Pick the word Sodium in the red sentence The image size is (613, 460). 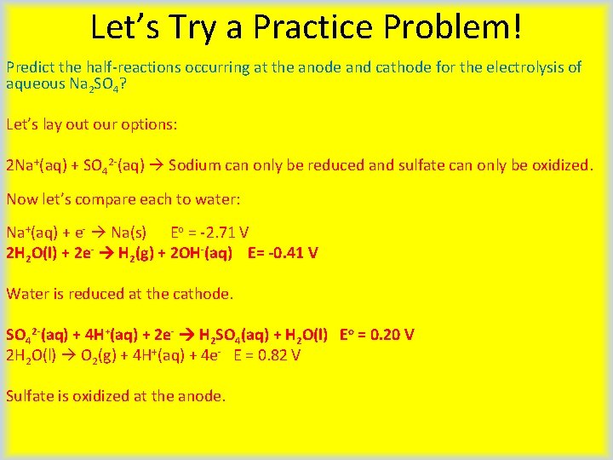196,164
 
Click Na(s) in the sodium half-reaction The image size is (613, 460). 129,233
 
